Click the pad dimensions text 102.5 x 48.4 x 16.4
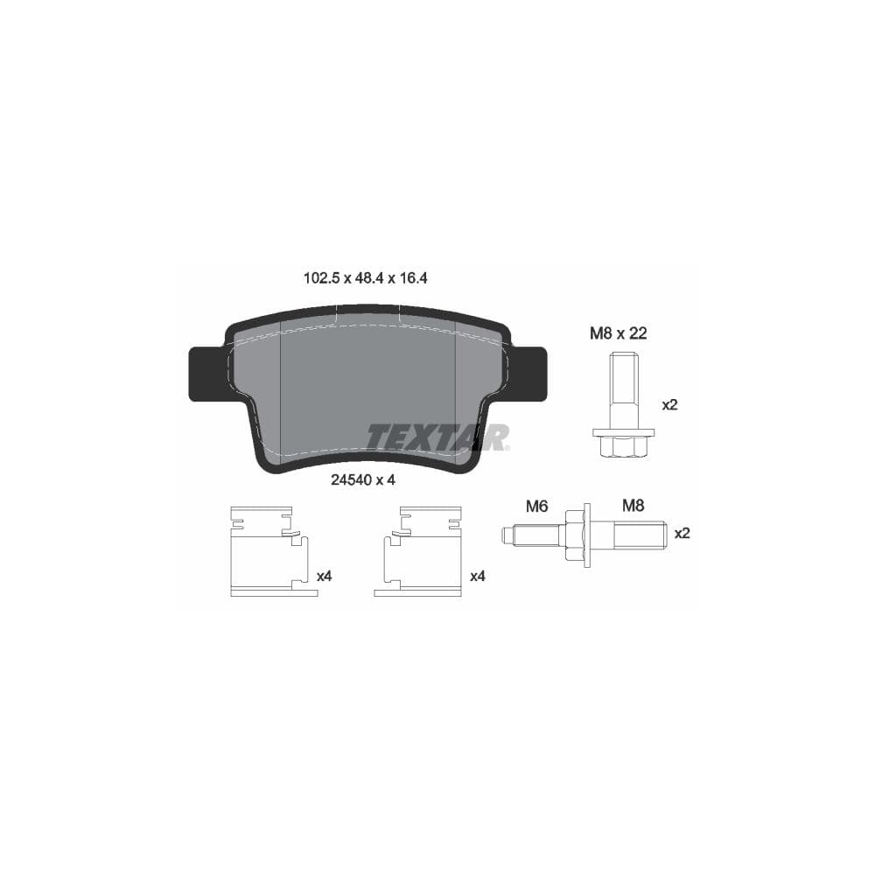point(365,278)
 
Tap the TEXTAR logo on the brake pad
point(437,436)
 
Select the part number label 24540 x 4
point(364,479)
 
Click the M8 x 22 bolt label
point(618,332)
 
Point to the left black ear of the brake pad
point(207,374)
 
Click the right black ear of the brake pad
point(528,374)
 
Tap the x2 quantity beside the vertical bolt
point(669,405)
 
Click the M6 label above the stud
point(535,506)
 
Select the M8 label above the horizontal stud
point(633,505)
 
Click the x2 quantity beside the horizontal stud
point(682,533)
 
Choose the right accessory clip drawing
point(420,551)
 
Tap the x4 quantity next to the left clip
point(324,576)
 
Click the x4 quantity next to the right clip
point(477,576)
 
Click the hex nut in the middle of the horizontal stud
point(574,534)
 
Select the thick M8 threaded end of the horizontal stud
point(639,534)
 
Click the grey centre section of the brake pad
point(367,385)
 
